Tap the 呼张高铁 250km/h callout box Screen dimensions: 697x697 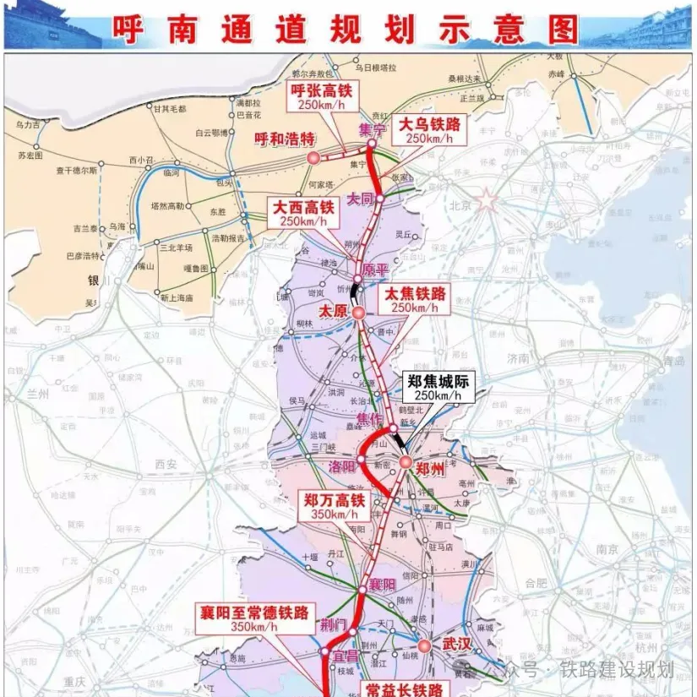click(320, 96)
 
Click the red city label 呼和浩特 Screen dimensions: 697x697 click(285, 139)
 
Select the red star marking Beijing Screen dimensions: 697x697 click(487, 200)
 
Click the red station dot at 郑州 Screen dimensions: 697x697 click(405, 462)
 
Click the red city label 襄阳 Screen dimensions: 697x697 click(383, 585)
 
